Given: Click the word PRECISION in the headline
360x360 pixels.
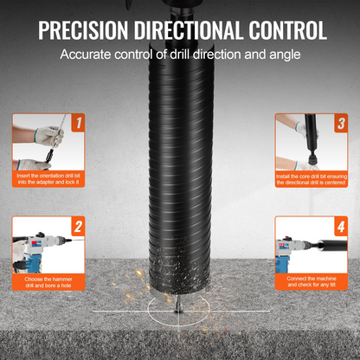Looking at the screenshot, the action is (x=83, y=29).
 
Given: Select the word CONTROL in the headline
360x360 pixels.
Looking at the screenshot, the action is (x=288, y=29).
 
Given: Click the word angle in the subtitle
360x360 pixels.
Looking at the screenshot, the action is (x=285, y=55).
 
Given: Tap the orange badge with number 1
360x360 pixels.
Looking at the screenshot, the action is (x=78, y=122).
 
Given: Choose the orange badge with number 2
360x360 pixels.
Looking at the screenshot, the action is (x=78, y=226).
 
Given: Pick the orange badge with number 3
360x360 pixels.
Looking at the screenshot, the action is (x=341, y=123).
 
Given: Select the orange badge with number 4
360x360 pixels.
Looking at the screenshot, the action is (x=341, y=226).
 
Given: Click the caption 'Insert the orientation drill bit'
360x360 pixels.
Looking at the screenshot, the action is (x=48, y=176).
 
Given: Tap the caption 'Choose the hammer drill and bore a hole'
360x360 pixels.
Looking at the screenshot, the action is (x=48, y=282).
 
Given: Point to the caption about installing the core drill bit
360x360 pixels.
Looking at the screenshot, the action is (x=312, y=179).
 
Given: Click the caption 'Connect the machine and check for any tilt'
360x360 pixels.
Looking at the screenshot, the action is (x=312, y=281).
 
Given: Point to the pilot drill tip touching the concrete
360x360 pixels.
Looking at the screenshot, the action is (x=178, y=311).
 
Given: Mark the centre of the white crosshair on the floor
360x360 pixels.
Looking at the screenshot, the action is (x=178, y=312).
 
